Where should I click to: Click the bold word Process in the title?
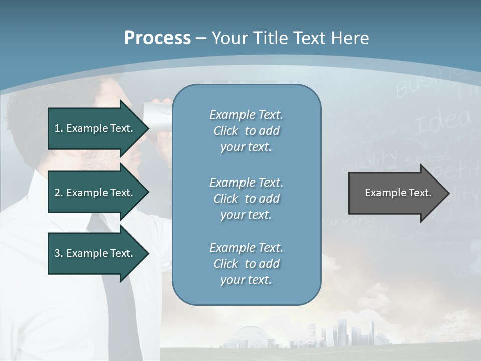coord(157,38)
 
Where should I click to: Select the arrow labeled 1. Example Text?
coord(95,128)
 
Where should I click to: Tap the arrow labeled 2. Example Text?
coord(95,193)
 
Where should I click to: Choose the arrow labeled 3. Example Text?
coord(95,253)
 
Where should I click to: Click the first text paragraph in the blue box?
coord(246,131)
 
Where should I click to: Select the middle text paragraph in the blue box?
coord(246,198)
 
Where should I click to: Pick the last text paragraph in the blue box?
coord(246,263)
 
